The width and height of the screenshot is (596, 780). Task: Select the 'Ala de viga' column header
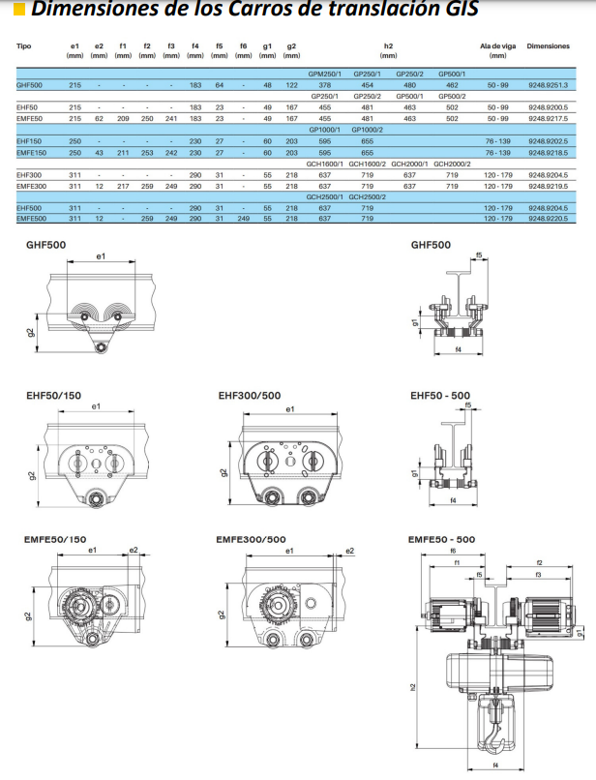[x=497, y=46]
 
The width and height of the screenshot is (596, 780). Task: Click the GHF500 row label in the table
[x=29, y=85]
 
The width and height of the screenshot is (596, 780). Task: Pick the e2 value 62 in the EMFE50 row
[x=99, y=118]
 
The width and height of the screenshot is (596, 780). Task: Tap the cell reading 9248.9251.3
[x=548, y=85]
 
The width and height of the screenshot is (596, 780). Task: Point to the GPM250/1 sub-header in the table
[x=324, y=74]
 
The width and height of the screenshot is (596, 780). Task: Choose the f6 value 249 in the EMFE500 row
[x=243, y=219]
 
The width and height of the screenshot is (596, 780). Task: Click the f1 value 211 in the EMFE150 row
[x=123, y=153]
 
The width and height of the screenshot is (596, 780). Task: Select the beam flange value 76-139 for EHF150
[x=498, y=141]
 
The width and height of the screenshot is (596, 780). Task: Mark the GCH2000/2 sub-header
[x=452, y=164]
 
